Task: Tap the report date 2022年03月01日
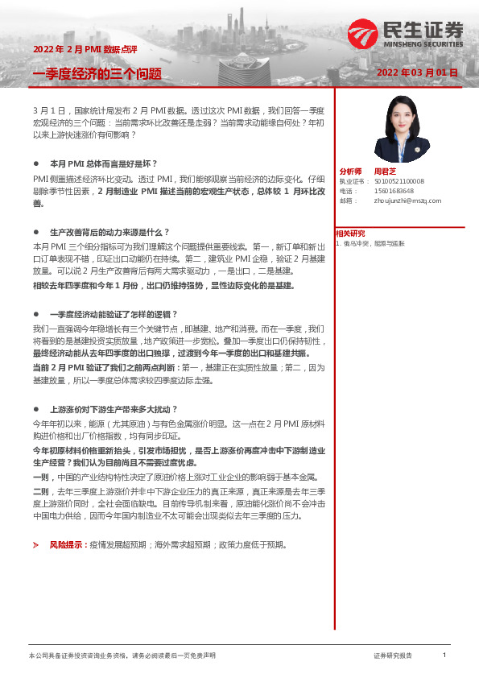[417, 72]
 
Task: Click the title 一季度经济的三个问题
[97, 74]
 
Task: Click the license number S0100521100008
[399, 182]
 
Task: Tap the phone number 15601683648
[394, 191]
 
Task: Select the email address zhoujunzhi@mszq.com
[408, 201]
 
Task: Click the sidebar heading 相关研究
[350, 234]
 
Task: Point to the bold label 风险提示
[68, 523]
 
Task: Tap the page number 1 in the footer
[444, 655]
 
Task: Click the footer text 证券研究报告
[393, 656]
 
